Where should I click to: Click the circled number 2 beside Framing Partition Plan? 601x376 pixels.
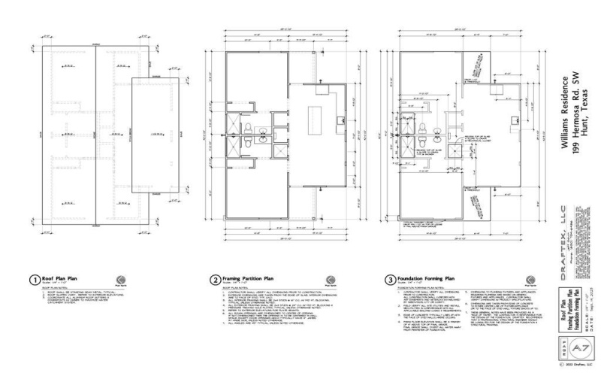pos(215,279)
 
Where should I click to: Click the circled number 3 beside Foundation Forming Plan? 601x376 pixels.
pos(390,279)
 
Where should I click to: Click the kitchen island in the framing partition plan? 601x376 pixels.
pos(316,118)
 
